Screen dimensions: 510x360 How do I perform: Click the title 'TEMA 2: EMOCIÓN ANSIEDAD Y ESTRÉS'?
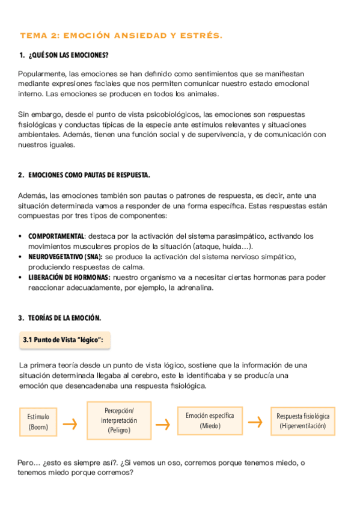coord(121,36)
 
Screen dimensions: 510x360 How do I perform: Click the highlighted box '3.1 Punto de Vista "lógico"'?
coord(63,340)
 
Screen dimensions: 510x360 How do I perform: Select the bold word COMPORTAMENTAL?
coord(56,236)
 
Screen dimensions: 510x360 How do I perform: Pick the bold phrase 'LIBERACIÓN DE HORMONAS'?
coord(69,277)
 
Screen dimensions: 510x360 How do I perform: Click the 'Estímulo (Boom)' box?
coord(38,422)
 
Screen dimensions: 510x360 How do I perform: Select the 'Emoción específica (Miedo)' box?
coord(210,420)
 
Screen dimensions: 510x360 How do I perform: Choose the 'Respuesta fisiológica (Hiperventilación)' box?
coord(302,420)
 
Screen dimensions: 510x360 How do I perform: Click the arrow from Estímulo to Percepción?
coord(70,424)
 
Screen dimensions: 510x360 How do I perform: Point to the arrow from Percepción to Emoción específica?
coord(162,424)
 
